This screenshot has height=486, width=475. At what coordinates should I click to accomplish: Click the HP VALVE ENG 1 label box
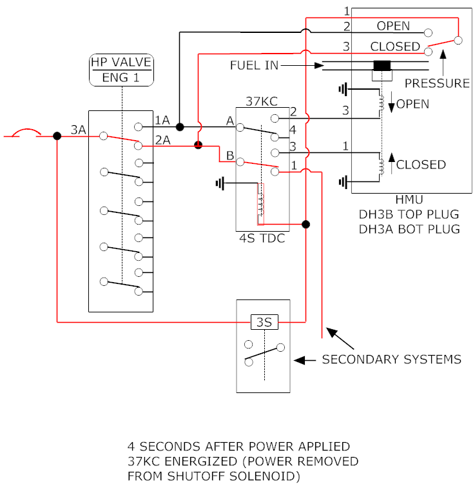pos(121,70)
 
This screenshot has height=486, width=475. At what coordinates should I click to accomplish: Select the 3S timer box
pos(264,322)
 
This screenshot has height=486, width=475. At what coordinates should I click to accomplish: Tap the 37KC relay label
pos(262,101)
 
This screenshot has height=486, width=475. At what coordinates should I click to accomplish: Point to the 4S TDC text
pos(262,238)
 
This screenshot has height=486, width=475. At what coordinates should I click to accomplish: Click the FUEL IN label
pos(254,65)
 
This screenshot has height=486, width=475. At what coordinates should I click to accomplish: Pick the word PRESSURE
pos(437,83)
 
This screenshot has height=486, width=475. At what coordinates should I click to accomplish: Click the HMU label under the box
pos(409,199)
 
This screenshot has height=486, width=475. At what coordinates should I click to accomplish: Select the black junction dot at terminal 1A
pos(180,127)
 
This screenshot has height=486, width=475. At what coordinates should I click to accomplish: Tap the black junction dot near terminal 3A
pos(57,136)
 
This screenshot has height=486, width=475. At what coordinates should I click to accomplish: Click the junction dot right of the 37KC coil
pos(305,224)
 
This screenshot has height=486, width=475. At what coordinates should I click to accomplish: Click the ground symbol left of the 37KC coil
pos(220,183)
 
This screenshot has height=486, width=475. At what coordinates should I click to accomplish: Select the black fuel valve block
pos(382,66)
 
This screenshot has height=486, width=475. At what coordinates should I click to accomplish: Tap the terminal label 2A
pos(163,141)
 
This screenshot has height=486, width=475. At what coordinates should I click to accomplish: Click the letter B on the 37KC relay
pos(230,156)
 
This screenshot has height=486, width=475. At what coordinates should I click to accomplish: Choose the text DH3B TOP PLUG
pos(409,214)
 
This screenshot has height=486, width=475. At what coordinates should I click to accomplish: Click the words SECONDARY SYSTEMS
pos(391,359)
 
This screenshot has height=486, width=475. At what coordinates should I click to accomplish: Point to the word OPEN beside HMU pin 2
pos(393,26)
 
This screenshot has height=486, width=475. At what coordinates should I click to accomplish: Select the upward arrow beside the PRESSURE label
pos(443,63)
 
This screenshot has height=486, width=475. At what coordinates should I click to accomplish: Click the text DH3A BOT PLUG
pos(409,229)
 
